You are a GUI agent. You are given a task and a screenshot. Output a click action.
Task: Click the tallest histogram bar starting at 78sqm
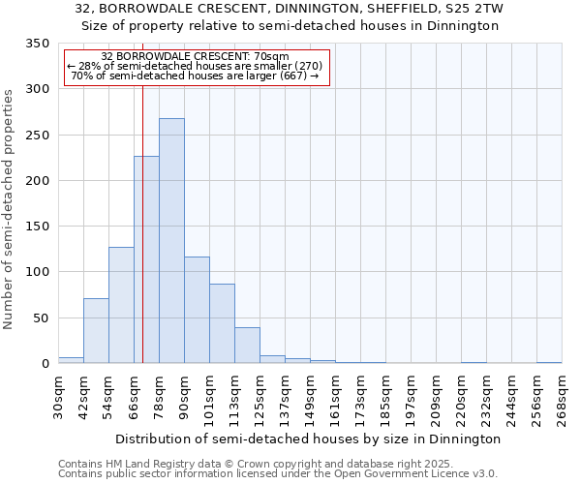click(171, 241)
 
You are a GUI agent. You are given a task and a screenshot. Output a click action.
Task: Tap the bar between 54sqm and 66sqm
click(121, 305)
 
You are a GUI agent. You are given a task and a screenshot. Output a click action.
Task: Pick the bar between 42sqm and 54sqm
click(96, 331)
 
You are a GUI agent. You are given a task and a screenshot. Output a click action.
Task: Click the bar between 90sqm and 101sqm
click(197, 310)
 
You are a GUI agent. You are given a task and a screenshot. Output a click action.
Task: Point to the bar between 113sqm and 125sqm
click(247, 346)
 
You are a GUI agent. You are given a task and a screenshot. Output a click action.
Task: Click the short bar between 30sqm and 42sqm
click(71, 360)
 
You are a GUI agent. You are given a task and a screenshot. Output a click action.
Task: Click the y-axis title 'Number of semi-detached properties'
click(10, 208)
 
